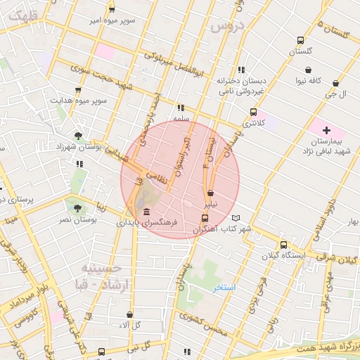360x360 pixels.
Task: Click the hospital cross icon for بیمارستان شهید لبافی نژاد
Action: pyautogui.click(x=326, y=131)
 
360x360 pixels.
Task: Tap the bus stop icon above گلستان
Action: pyautogui.click(x=300, y=41)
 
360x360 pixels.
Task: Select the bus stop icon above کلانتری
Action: pyautogui.click(x=254, y=112)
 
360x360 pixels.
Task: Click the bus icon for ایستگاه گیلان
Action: pyautogui.click(x=283, y=245)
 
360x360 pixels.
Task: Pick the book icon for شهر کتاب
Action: pyautogui.click(x=236, y=218)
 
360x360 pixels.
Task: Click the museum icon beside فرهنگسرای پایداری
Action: pyautogui.click(x=146, y=212)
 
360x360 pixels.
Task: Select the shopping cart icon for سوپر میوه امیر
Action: pyautogui.click(x=112, y=10)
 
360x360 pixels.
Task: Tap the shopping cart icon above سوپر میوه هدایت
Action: pyautogui.click(x=78, y=89)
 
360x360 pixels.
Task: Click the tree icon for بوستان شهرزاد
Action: pyautogui.click(x=78, y=136)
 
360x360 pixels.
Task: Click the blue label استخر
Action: pyautogui.click(x=226, y=288)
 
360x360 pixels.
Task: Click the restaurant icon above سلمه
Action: pyautogui.click(x=181, y=108)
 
